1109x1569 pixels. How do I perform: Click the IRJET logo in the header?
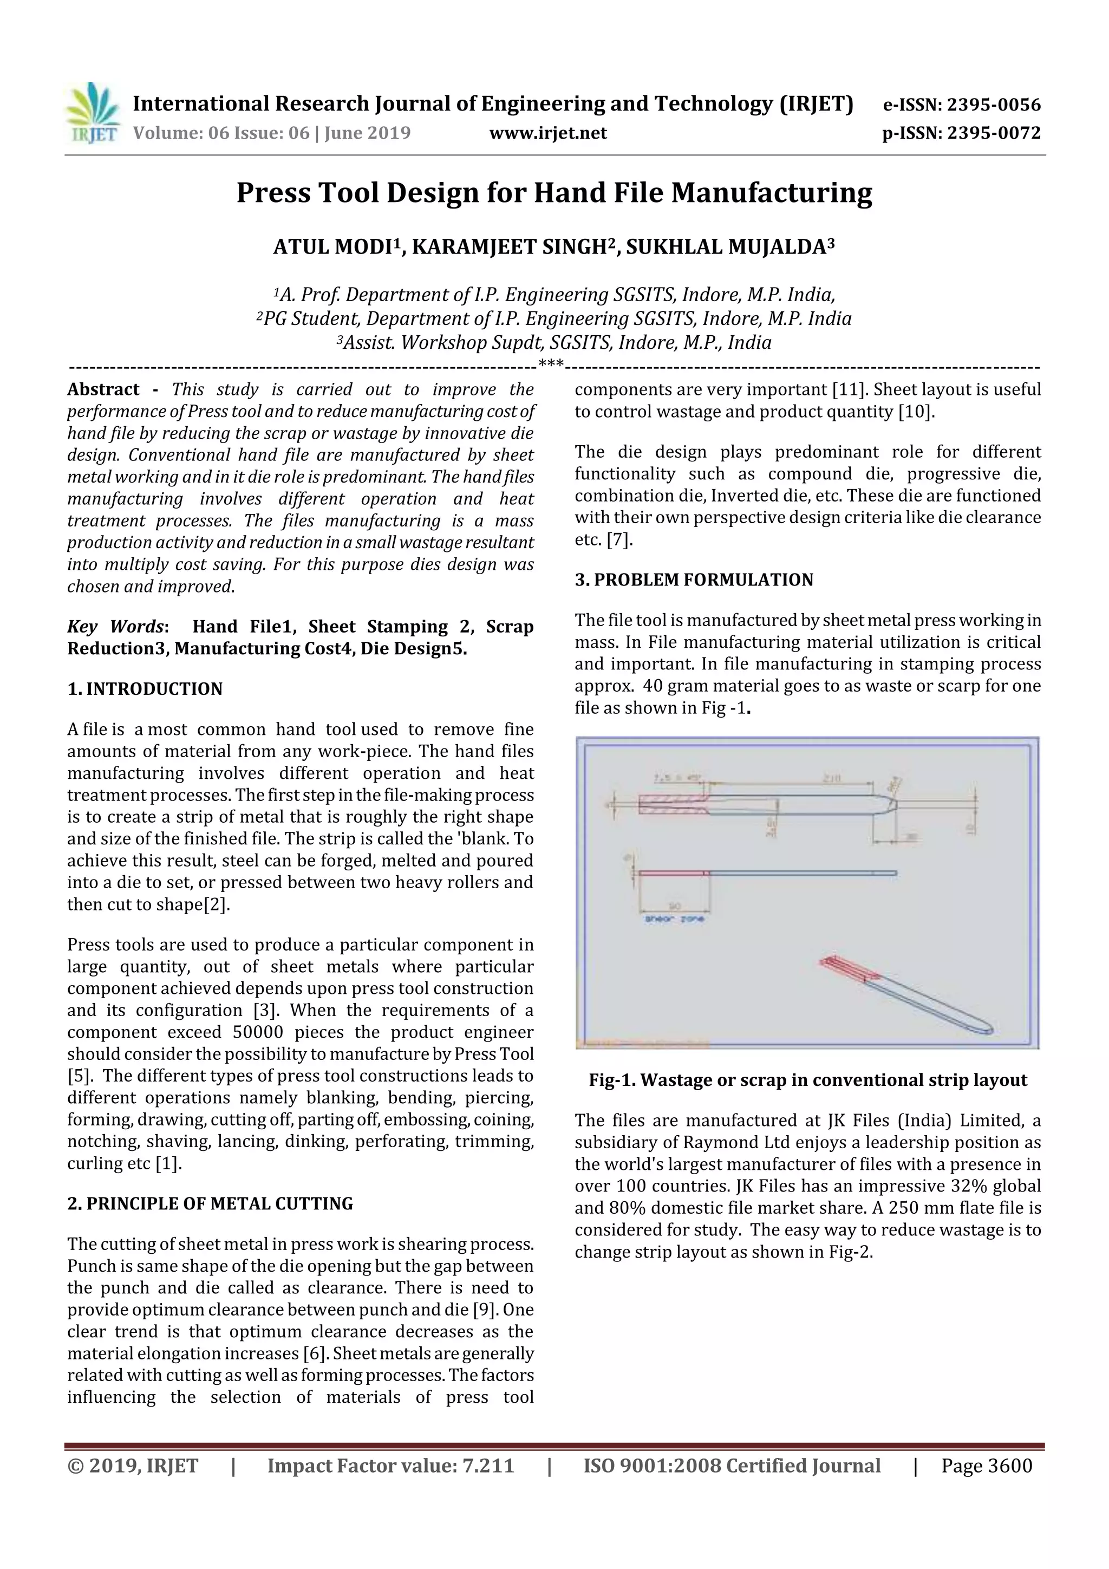pyautogui.click(x=92, y=113)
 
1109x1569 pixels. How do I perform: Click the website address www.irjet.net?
pyautogui.click(x=547, y=133)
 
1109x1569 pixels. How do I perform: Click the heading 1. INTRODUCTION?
pyautogui.click(x=145, y=688)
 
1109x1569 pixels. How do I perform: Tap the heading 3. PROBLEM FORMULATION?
pyautogui.click(x=694, y=580)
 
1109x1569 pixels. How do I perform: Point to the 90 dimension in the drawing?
pyautogui.click(x=674, y=906)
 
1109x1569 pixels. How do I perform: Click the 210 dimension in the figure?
pyautogui.click(x=831, y=778)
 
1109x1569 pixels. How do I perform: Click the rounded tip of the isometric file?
pyautogui.click(x=984, y=1028)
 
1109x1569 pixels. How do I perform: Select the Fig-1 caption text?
pyautogui.click(x=808, y=1080)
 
